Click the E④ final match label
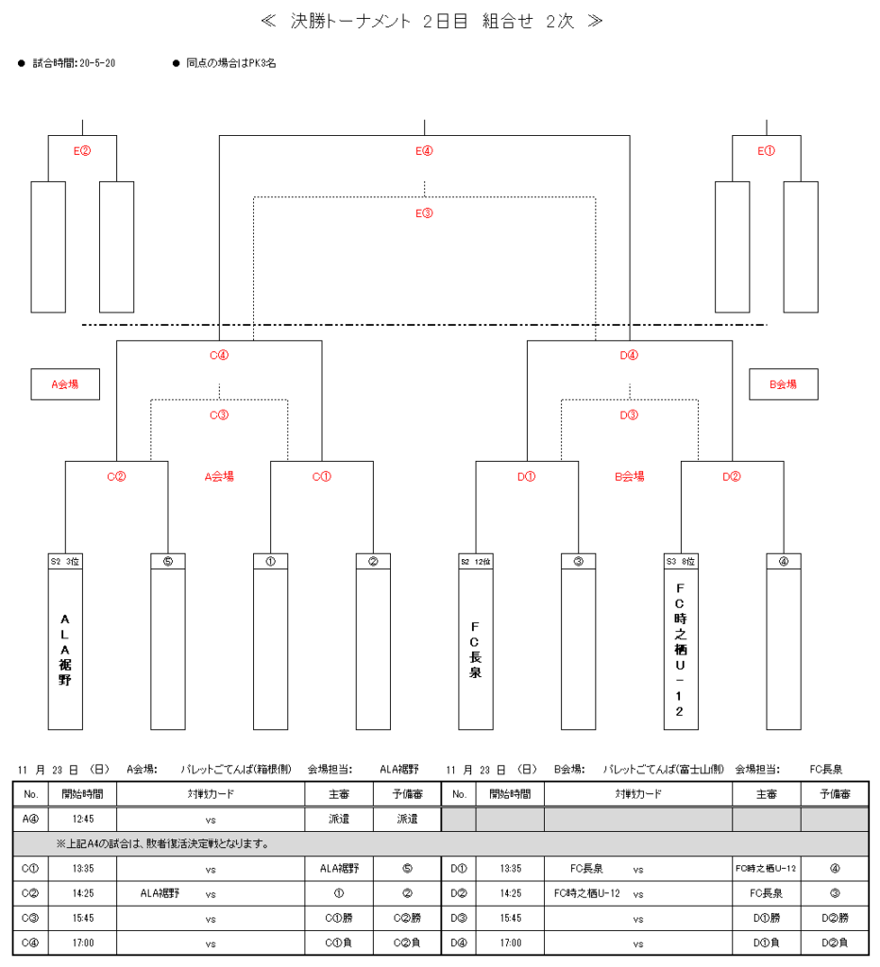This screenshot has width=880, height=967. click(x=424, y=150)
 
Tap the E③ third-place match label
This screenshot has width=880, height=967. click(x=424, y=212)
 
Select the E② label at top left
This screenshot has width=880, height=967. click(x=82, y=150)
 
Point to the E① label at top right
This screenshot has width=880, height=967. click(x=766, y=150)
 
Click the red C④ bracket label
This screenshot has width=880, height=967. click(x=219, y=356)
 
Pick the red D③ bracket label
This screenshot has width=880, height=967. click(x=630, y=415)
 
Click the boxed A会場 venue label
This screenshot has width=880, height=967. click(x=65, y=384)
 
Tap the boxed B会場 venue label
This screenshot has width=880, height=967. click(x=783, y=384)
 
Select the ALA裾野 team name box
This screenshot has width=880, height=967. click(x=65, y=649)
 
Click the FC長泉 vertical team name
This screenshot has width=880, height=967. click(x=476, y=649)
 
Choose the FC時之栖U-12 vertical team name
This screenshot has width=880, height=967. click(x=681, y=649)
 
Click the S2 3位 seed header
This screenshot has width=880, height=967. click(x=65, y=561)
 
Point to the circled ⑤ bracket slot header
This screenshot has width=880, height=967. click(x=168, y=561)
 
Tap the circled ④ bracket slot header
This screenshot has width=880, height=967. click(x=783, y=561)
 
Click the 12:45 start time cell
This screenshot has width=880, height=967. click(x=83, y=818)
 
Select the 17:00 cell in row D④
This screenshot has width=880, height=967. click(x=510, y=942)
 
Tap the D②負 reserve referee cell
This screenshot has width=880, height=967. click(x=835, y=942)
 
